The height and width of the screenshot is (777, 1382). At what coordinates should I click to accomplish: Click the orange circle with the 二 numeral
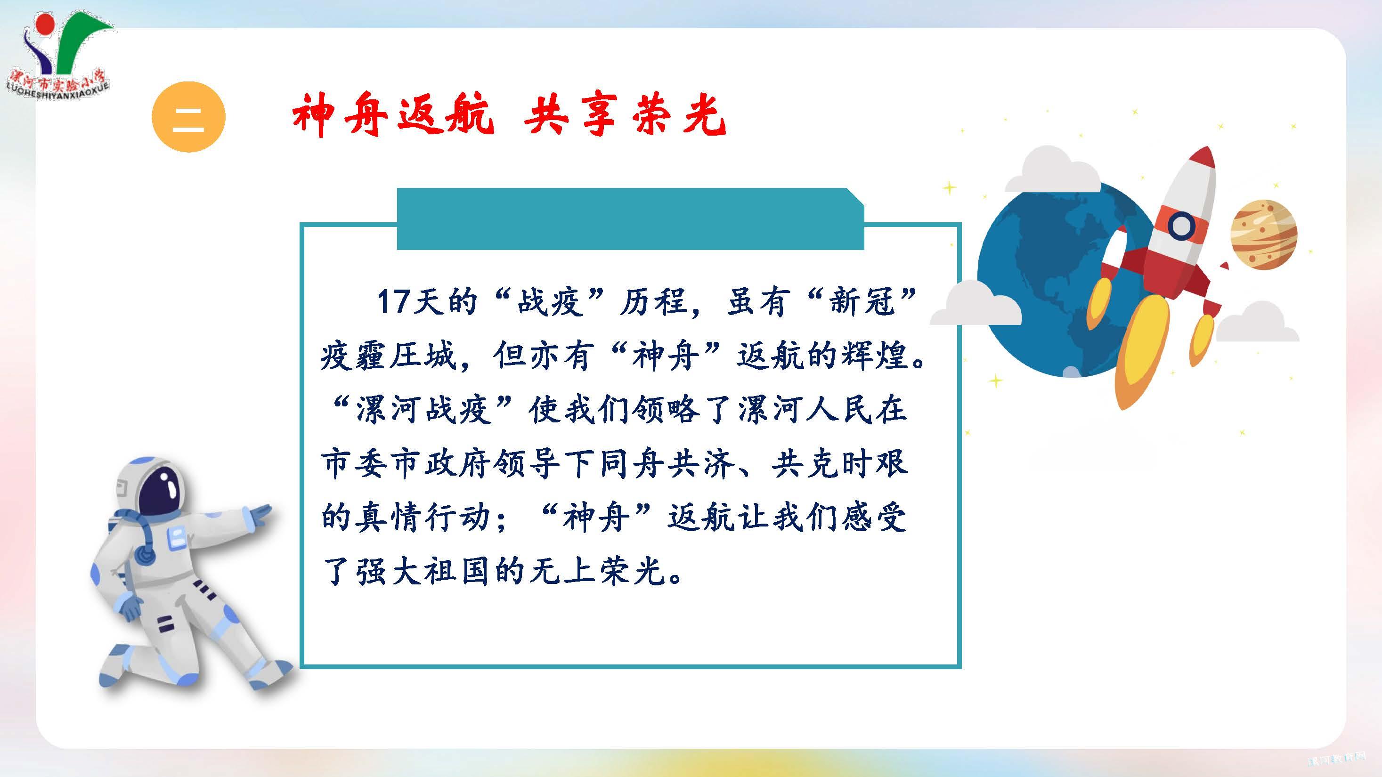tap(188, 116)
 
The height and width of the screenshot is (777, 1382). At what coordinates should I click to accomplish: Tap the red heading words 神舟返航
tap(393, 115)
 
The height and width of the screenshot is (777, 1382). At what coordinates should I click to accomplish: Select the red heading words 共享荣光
tap(625, 115)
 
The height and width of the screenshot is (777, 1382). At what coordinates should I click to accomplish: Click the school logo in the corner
tap(59, 59)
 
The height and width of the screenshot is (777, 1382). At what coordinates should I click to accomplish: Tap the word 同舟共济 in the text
tap(667, 463)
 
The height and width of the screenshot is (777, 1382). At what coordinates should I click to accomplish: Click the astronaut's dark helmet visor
tap(161, 490)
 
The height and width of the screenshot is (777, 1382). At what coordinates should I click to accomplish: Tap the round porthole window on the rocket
tap(1181, 226)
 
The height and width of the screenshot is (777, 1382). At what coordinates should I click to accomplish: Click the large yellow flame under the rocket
tap(1143, 354)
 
